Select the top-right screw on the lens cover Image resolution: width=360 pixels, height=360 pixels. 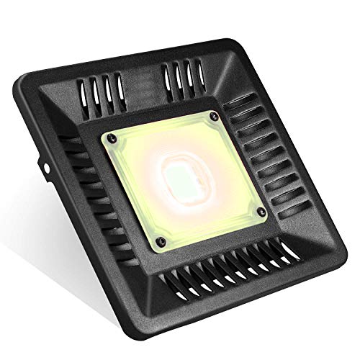pos(213,115)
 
